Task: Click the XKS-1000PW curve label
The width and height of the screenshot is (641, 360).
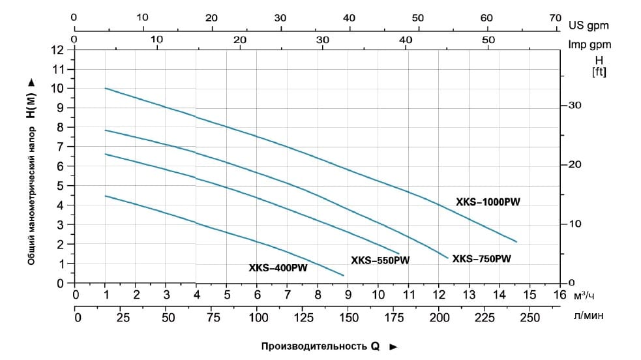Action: pos(488,202)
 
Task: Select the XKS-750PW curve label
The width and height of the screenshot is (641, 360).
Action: pos(482,258)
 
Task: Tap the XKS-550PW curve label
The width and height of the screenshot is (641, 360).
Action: pos(380,261)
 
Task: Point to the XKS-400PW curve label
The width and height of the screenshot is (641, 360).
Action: pos(278,267)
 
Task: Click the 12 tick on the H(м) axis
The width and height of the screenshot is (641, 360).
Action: pos(58,50)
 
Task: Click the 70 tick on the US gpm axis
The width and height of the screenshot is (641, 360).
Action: pos(555,18)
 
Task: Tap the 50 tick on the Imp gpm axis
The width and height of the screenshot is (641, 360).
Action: pos(489,39)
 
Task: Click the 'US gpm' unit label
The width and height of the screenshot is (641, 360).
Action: pos(588,26)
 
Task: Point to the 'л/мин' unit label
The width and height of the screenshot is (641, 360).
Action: pos(589,316)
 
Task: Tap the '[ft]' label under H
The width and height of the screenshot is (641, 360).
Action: pos(599,72)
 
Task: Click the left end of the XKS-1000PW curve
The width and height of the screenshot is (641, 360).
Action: pos(105,88)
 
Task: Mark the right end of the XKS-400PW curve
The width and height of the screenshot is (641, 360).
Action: pos(344,275)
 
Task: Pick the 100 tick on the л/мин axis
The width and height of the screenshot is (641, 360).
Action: pos(259,318)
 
